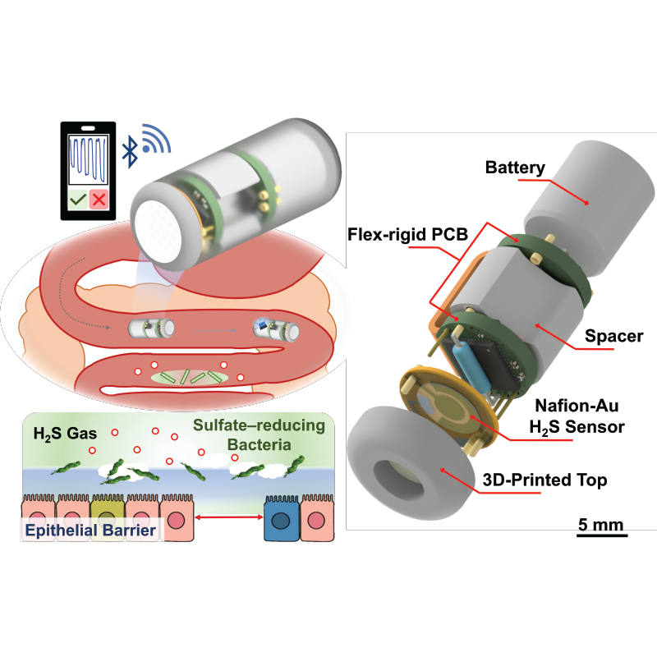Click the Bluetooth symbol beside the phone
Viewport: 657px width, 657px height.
[x=130, y=149]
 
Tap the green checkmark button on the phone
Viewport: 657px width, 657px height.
[x=78, y=199]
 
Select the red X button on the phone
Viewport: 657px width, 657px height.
[x=99, y=199]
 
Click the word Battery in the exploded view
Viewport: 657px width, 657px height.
[x=515, y=168]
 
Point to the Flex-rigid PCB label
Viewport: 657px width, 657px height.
[x=407, y=234]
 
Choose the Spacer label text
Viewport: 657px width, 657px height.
[x=613, y=336]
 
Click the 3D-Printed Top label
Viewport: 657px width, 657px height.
[x=544, y=480]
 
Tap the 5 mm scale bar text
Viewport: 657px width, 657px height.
[x=601, y=524]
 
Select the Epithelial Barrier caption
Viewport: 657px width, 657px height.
[x=90, y=530]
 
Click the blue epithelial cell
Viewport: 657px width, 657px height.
[x=282, y=519]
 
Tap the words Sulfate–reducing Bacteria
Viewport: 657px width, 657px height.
[x=259, y=434]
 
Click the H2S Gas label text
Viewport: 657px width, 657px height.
[x=65, y=434]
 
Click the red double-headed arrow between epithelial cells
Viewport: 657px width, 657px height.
[x=229, y=518]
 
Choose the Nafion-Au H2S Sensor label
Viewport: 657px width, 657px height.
[x=577, y=416]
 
